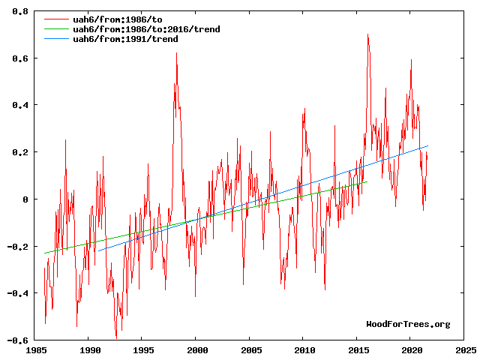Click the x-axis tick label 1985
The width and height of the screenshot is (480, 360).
pos(34,350)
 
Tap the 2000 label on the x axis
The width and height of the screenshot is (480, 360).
pos(195,350)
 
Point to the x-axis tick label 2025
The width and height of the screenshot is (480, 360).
pos(463,350)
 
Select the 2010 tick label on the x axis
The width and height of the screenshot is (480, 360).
pos(303,350)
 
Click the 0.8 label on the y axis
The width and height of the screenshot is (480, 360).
pos(20,11)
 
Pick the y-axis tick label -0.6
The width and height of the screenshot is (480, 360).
pos(18,340)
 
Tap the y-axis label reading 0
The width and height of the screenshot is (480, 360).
pos(25,199)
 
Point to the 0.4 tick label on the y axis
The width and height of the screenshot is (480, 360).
pos(20,105)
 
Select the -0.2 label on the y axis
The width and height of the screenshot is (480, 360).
pos(18,247)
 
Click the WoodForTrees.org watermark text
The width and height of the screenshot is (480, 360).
pos(408,324)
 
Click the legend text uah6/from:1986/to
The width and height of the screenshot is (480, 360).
pos(118,19)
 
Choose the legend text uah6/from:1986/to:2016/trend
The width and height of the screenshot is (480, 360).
pos(146,29)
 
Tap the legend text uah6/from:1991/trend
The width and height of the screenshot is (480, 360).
pos(125,39)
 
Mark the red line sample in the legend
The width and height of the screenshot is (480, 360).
pos(57,19)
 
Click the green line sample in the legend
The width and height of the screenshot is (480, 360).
pos(57,29)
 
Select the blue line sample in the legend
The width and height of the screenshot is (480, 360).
pos(57,39)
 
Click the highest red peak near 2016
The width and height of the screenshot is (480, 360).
pos(367,34)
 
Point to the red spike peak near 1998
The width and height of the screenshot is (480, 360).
pos(177,53)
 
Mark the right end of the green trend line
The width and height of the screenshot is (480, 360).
pos(367,181)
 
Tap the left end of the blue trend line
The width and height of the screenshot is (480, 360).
pos(98,251)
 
